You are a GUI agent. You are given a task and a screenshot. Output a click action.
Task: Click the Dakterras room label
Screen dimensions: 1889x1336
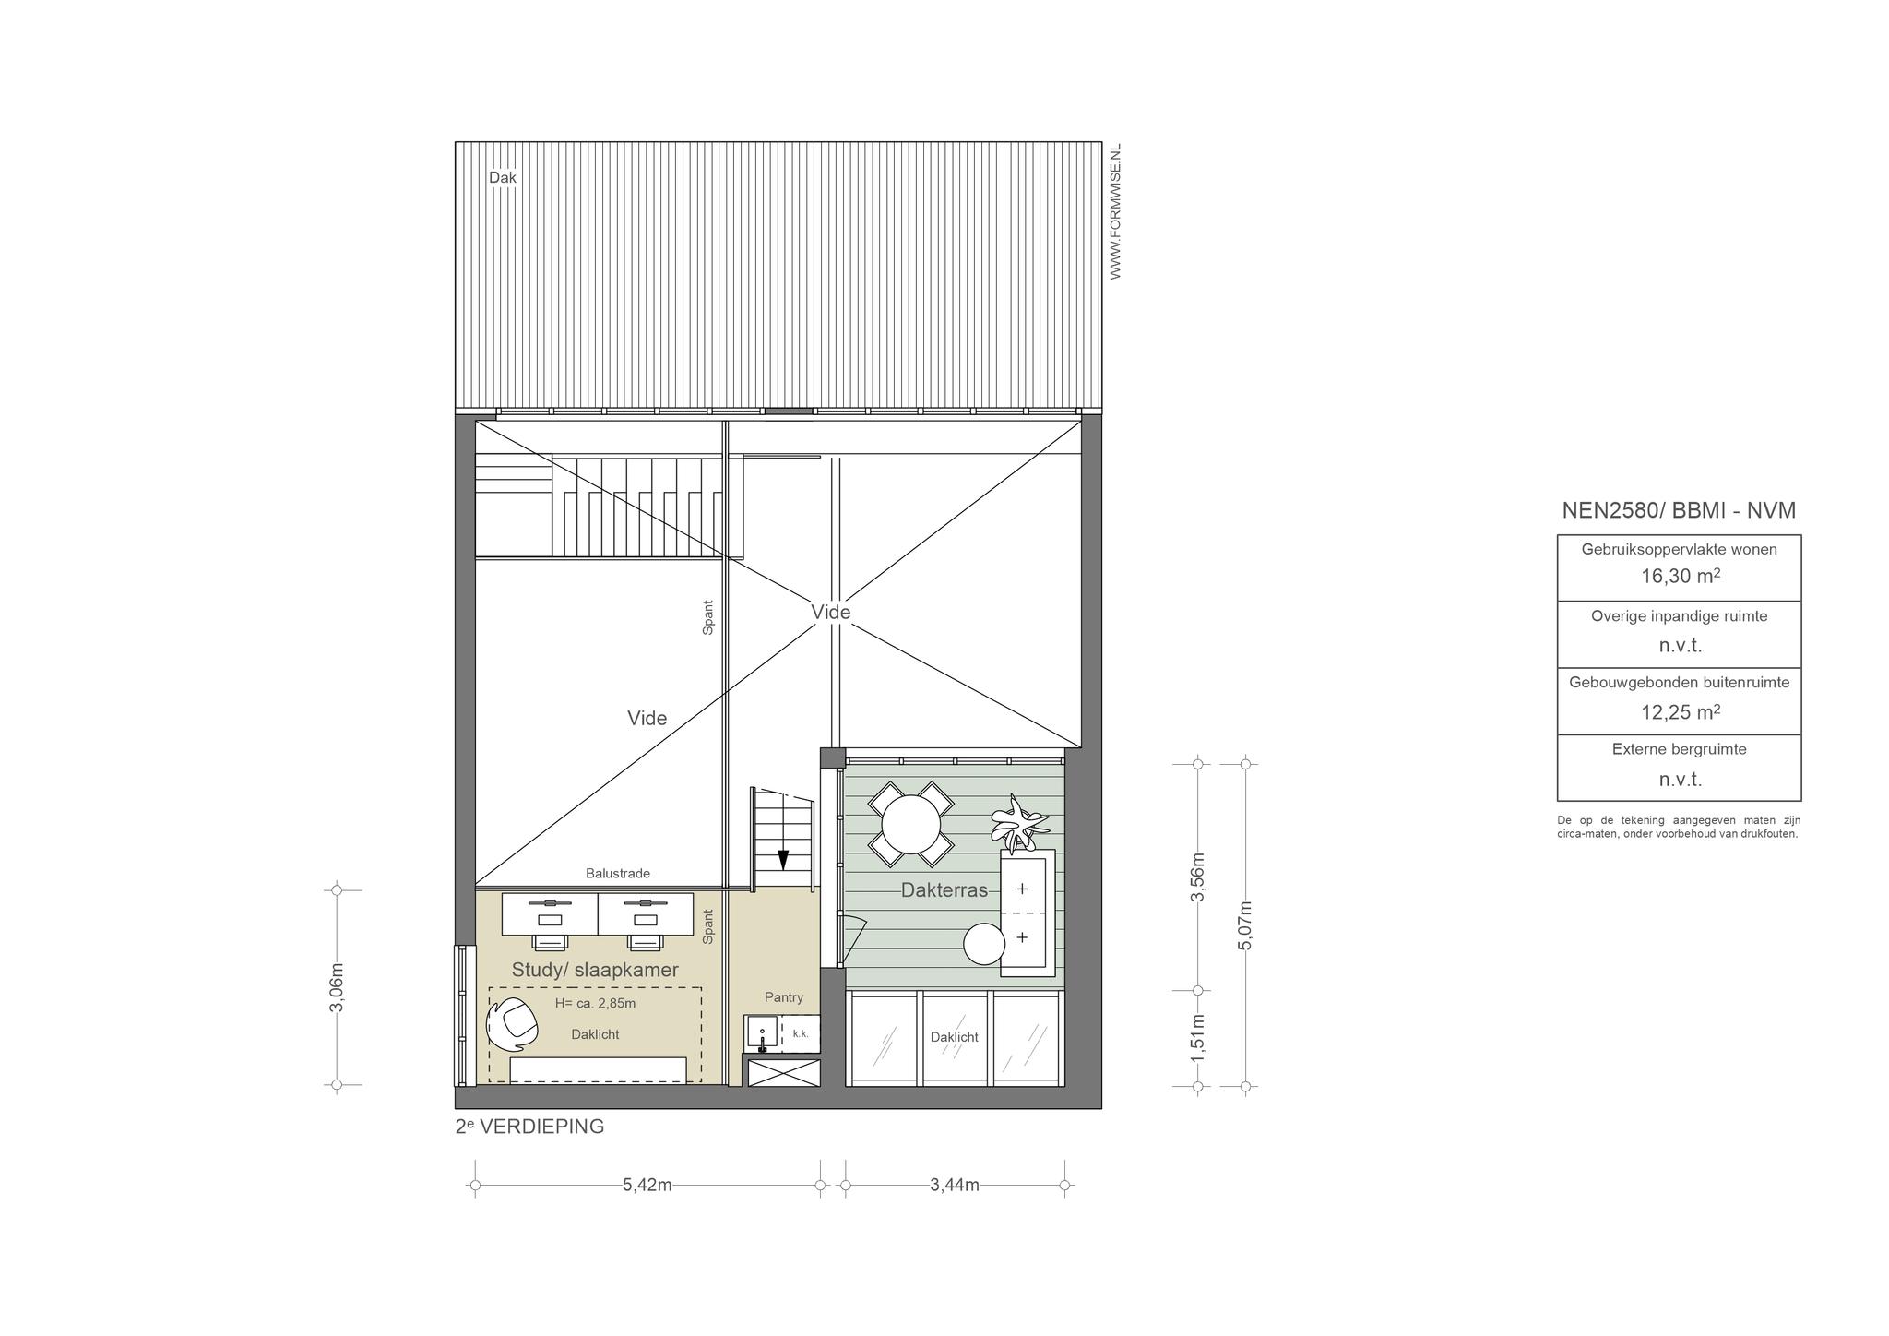coord(944,891)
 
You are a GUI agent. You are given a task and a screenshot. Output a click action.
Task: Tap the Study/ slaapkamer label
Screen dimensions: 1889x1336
coord(595,970)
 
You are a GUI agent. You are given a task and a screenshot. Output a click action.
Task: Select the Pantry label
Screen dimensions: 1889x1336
coord(784,997)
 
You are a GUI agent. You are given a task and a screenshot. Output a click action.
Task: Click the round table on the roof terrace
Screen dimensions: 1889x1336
coord(911,823)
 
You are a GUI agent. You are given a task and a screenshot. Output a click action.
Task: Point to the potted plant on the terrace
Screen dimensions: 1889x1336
coord(1018,821)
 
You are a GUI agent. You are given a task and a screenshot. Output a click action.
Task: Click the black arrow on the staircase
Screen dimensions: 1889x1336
coord(783,859)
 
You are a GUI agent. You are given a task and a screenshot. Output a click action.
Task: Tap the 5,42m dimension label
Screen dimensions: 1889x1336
coord(647,1185)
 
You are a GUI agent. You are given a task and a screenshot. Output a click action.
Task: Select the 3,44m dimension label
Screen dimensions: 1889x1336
coord(955,1185)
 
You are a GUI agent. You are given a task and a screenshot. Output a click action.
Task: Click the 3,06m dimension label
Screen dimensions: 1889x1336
coord(337,987)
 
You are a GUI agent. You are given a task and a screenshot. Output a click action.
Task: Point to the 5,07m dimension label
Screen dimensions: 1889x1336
coord(1245,924)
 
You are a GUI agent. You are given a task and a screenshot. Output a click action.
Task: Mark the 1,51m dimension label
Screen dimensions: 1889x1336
coord(1198,1038)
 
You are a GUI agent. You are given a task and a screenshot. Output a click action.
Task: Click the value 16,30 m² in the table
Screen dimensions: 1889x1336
coord(1680,577)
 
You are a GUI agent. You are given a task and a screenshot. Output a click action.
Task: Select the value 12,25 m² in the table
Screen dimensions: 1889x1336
coord(1680,711)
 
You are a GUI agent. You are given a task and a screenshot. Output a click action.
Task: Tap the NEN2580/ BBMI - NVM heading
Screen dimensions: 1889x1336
coord(1679,510)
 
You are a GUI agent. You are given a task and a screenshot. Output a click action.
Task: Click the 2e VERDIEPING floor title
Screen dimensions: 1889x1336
coord(529,1127)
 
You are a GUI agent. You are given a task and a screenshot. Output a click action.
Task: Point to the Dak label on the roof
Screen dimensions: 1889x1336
coord(503,177)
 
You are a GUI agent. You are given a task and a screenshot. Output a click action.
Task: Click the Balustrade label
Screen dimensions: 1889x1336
coord(618,873)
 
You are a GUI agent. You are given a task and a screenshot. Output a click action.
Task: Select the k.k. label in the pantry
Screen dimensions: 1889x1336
coord(801,1034)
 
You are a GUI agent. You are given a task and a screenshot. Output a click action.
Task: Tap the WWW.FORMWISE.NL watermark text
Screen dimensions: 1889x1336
coord(1115,211)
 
